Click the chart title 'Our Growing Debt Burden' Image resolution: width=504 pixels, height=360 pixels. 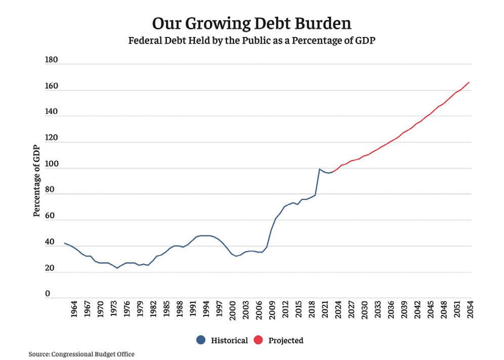pyautogui.click(x=252, y=24)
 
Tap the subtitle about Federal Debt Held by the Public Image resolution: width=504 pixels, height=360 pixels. pyautogui.click(x=252, y=42)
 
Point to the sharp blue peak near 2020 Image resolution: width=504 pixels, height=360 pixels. pyautogui.click(x=319, y=169)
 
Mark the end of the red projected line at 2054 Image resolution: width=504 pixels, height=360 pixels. pyautogui.click(x=469, y=82)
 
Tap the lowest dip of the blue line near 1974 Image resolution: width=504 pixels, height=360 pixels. pyautogui.click(x=117, y=268)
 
